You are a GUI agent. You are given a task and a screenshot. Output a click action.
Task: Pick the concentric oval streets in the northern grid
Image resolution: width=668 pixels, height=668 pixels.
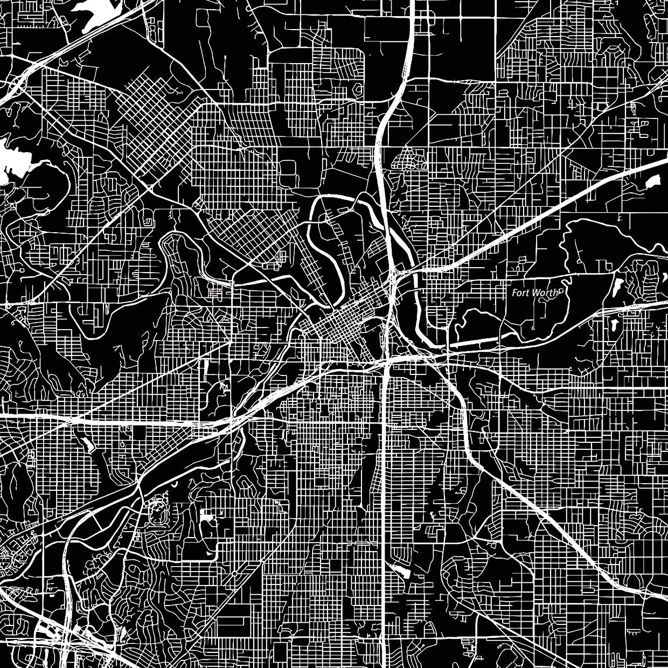point(358,89)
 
